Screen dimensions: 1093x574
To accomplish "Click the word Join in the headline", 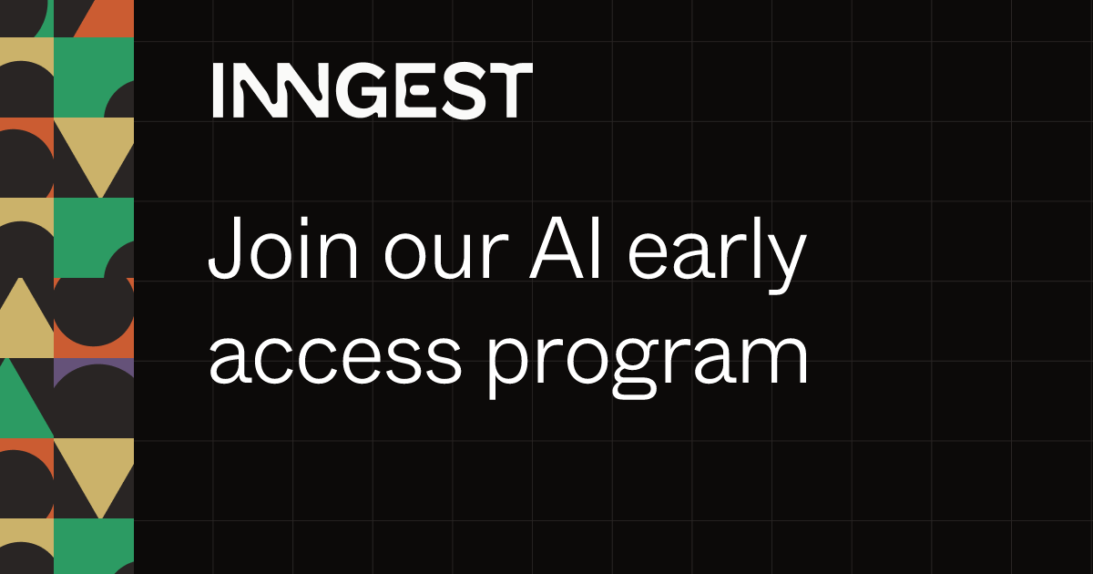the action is (283, 249).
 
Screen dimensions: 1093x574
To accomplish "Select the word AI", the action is (565, 249).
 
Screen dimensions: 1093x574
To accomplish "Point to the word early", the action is (718, 255).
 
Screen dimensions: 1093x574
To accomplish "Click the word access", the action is (336, 359).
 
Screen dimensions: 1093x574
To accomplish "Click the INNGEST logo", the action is (373, 90).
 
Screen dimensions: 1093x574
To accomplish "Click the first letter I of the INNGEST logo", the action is (218, 90).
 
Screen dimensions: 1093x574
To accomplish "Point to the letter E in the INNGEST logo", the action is (414, 90).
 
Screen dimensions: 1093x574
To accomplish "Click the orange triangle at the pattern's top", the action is (110, 19).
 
